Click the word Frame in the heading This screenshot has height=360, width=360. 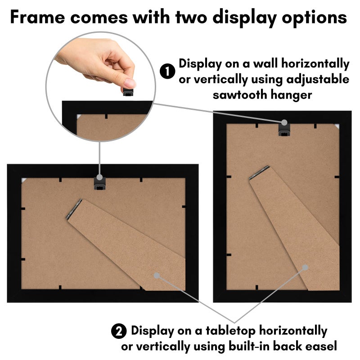(x=38, y=17)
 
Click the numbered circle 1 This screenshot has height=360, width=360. (x=167, y=71)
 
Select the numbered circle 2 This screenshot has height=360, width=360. (x=119, y=331)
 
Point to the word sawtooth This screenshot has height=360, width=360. (x=240, y=95)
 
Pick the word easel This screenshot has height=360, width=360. (x=323, y=346)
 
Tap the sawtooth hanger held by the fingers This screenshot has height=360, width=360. (x=128, y=92)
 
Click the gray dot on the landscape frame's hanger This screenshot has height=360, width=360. (x=99, y=177)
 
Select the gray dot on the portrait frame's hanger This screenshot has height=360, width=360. (x=284, y=122)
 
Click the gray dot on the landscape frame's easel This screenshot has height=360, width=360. (x=157, y=275)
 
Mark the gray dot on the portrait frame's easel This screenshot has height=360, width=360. (x=305, y=267)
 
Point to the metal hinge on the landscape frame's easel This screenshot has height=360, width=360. (x=74, y=209)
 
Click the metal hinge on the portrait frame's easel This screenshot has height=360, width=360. (x=259, y=172)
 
